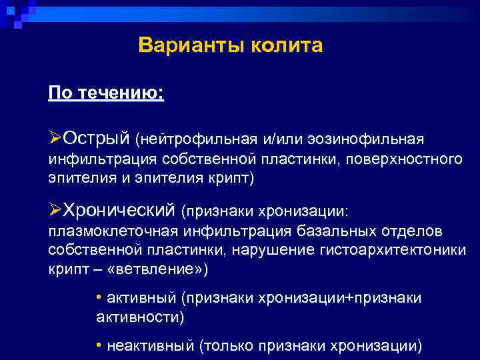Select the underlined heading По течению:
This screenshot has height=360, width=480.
106,91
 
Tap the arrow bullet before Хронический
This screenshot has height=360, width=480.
55,210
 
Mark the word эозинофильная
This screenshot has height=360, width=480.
368,139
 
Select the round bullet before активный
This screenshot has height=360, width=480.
99,297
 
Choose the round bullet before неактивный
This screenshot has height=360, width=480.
99,345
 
